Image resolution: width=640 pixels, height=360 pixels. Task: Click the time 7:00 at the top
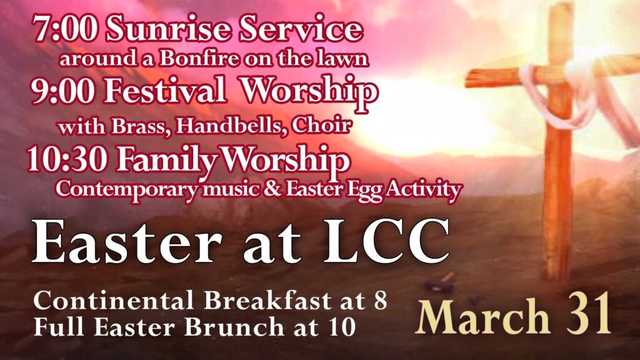(65, 29)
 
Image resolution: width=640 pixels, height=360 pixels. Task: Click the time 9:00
(63, 91)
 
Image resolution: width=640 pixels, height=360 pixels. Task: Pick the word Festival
(164, 90)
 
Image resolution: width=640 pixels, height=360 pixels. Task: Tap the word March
(483, 316)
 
